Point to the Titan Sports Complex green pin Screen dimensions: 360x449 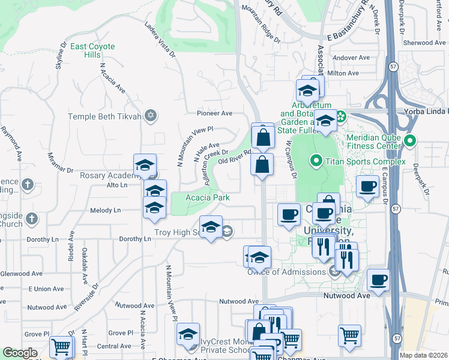[316, 161]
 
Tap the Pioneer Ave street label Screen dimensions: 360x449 [214, 113]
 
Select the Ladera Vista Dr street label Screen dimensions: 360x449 [159, 40]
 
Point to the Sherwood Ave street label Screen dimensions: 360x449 [425, 43]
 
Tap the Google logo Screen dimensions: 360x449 [20, 353]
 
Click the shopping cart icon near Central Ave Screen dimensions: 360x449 [61, 346]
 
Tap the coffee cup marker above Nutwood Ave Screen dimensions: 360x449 [378, 280]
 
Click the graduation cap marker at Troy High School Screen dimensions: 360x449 [211, 227]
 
